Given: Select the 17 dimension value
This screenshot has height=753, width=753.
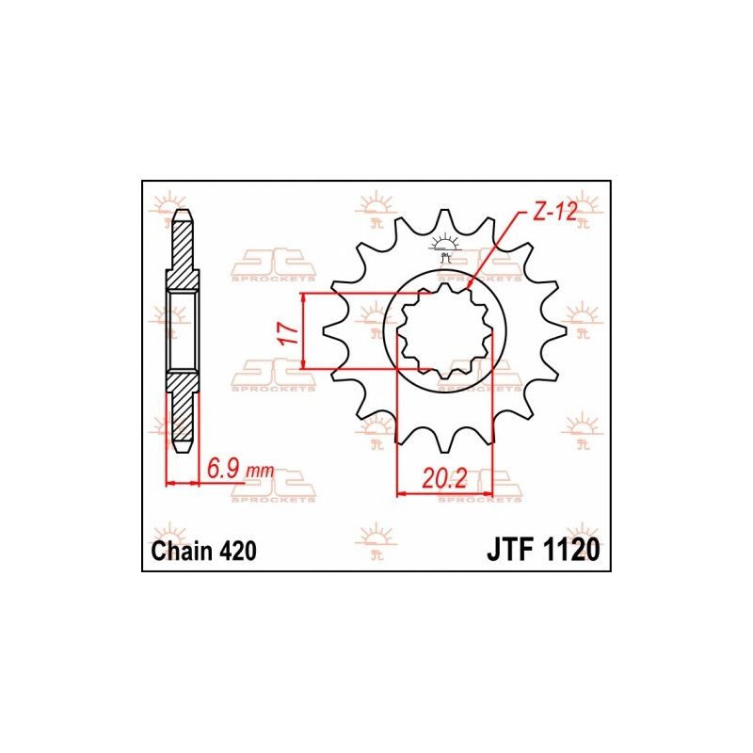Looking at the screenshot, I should (x=291, y=332).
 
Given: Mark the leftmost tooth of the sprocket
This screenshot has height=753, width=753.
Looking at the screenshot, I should (x=330, y=332).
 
